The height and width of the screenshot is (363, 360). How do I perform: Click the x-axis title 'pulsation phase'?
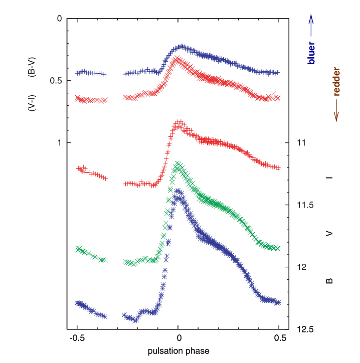[x=178, y=351]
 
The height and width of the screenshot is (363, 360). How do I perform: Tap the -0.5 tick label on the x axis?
[x=77, y=338]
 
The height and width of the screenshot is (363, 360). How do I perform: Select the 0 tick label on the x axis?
[x=178, y=338]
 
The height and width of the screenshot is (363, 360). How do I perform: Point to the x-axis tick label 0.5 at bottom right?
[x=279, y=338]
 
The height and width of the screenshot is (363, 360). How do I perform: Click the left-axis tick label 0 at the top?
[x=59, y=19]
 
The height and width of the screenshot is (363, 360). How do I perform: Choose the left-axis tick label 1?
[x=59, y=143]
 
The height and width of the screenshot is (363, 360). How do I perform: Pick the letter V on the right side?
[x=329, y=233]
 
